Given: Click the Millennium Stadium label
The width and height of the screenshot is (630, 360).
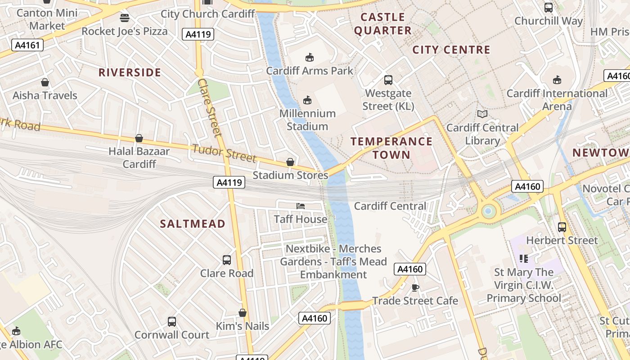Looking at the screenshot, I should click(307, 120).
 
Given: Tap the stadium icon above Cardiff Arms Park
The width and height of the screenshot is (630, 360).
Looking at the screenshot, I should click(309, 57).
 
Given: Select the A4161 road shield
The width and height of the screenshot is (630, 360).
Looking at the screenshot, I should click(27, 45).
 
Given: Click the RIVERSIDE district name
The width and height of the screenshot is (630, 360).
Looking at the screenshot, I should click(130, 72).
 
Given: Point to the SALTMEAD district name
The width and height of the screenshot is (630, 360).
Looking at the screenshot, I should click(193, 224).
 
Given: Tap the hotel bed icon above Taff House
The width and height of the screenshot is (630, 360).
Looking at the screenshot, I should click(301, 206).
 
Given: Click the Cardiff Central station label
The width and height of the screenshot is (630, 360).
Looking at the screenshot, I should click(390, 206).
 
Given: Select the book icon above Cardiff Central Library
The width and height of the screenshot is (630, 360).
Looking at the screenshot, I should click(482, 114).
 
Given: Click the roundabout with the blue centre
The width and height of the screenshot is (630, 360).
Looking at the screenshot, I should click(488, 211).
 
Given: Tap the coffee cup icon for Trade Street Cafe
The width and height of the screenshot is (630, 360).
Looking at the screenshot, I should click(415, 288).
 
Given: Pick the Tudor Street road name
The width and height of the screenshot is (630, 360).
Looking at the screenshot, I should click(224, 153).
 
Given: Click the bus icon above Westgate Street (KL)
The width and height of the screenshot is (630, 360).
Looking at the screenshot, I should click(388, 80).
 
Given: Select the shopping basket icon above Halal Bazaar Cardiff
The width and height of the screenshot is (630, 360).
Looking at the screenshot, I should click(139, 138).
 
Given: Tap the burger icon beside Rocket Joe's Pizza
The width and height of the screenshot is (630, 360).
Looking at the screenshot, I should click(125, 18).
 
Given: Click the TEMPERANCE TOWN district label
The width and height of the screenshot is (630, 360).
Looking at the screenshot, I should click(391, 148).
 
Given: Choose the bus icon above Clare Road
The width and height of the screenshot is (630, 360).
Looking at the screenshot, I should click(227, 260).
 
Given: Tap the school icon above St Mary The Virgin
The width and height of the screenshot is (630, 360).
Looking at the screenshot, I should click(523, 258).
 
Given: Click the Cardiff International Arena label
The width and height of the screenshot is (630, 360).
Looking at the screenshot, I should click(557, 99).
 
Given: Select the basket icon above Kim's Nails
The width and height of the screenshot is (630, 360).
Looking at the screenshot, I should click(243, 313).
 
